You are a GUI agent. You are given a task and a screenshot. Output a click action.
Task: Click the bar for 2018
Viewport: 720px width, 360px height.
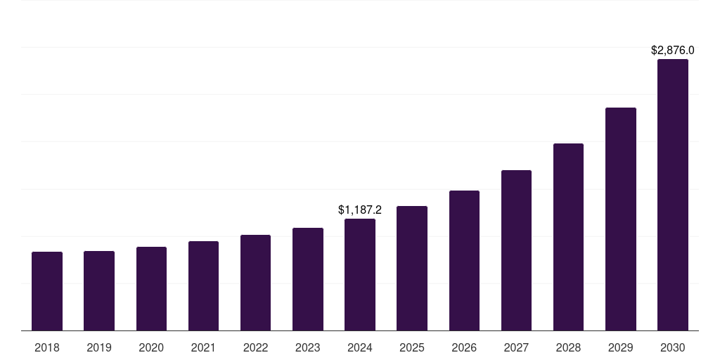point(47,291)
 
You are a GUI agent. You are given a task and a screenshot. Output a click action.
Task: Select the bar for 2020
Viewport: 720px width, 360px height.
point(151,288)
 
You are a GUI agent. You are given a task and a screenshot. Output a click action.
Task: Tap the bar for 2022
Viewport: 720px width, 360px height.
point(255,283)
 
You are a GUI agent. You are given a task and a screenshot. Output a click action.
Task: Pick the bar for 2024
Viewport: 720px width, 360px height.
point(360,274)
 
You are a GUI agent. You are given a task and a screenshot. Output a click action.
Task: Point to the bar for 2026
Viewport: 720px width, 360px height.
point(464,260)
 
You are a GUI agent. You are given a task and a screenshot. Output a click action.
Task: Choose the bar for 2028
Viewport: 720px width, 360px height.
point(568,237)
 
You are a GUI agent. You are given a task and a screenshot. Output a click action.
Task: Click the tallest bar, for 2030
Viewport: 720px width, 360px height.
point(672,195)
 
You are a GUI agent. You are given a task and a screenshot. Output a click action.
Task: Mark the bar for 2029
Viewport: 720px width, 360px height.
point(620,219)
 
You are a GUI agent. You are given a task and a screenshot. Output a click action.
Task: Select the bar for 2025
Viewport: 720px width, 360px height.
point(412,268)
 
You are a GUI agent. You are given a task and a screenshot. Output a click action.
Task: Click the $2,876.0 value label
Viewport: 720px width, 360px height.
point(672,51)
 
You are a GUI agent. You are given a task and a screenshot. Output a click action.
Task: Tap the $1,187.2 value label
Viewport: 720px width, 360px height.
point(360,210)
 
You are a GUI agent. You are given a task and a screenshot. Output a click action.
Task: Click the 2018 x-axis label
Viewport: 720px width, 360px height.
point(47,348)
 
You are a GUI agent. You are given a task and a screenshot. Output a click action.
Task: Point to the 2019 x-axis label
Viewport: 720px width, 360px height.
point(99,348)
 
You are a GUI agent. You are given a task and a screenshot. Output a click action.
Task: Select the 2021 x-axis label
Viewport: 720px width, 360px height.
point(203,348)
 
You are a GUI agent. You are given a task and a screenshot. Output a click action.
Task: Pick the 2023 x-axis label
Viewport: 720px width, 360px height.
point(308,348)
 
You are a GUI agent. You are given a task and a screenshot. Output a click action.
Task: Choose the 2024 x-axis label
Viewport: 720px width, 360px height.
point(360,348)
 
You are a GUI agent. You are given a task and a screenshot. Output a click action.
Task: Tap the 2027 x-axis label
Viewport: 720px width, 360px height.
point(516,348)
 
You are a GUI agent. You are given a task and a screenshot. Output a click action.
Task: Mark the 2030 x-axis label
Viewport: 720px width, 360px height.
point(672,348)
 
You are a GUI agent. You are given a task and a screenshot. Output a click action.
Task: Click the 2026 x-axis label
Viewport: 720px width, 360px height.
point(464,348)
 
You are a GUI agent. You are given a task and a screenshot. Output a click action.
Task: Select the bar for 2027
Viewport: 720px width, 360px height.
point(516,250)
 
